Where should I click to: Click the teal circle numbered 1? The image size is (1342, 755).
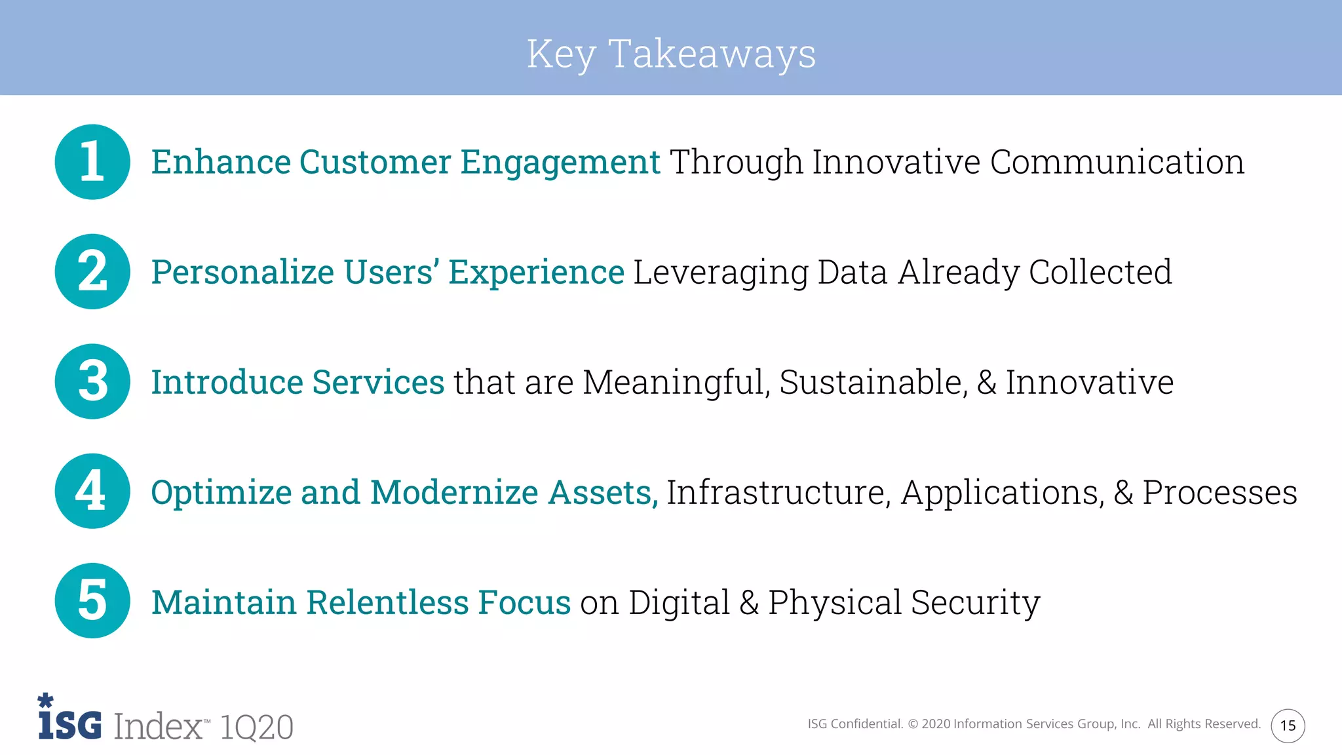pos(92,162)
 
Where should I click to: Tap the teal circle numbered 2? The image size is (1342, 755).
pos(92,271)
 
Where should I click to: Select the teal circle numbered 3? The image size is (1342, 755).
pos(92,381)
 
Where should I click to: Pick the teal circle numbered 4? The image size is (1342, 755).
pos(92,491)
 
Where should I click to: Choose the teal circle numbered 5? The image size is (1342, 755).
pos(92,600)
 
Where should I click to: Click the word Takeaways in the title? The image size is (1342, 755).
pos(712,54)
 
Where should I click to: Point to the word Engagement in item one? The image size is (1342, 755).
pos(560,163)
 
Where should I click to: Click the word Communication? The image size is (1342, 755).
pos(1117,162)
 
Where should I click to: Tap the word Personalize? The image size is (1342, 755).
pos(242,272)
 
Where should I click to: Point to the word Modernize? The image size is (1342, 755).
pos(453,492)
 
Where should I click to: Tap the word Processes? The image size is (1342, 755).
pos(1219,492)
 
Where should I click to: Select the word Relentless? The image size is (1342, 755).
pos(387,602)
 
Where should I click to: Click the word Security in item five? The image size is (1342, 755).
pos(975,602)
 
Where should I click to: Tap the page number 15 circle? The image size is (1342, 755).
pos(1288,726)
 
